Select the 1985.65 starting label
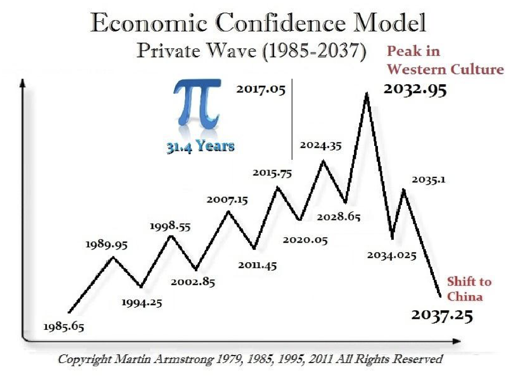point(63,326)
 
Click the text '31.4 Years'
point(200,146)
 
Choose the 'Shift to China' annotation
point(468,289)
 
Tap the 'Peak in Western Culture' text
point(444,60)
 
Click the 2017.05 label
point(261,90)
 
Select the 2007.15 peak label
point(227,200)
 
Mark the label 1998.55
point(170,226)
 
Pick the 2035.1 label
point(428,180)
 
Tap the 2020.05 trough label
point(305,239)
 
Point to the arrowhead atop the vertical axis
point(22,83)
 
